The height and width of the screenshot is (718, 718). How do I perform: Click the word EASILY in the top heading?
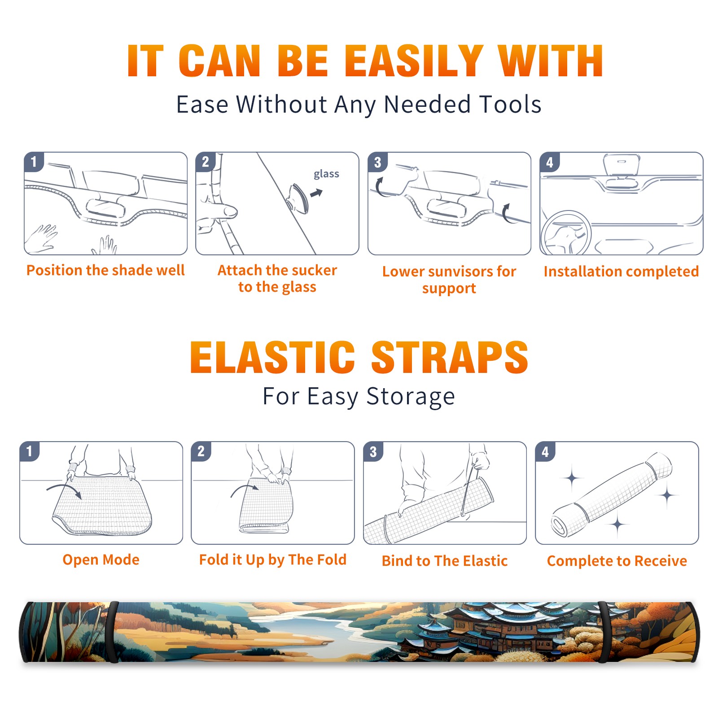click(414, 61)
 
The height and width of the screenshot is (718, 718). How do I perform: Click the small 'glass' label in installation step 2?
click(326, 174)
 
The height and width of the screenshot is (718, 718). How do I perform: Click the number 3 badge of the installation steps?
click(377, 162)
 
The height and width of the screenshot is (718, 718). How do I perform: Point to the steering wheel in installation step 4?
click(566, 232)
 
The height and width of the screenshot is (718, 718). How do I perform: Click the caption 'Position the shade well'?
click(105, 270)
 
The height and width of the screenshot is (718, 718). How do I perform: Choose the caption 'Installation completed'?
click(621, 271)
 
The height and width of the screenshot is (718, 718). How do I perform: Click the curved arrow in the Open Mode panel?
click(64, 490)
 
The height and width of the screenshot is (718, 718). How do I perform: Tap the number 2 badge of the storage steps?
click(201, 451)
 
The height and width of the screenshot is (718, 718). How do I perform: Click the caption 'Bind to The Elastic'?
click(445, 561)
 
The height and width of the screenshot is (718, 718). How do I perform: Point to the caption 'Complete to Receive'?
click(617, 561)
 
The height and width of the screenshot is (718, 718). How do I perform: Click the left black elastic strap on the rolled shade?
click(113, 632)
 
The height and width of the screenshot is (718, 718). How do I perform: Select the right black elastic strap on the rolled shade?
click(604, 632)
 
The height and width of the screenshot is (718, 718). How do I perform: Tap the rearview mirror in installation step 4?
click(621, 166)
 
